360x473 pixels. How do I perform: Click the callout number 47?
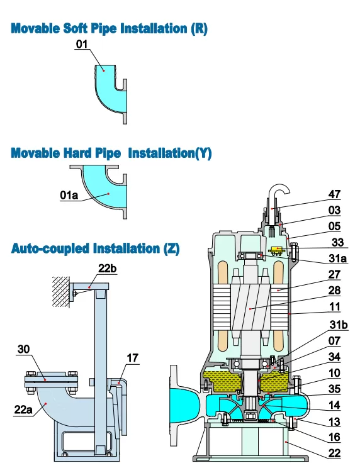[x=334, y=194]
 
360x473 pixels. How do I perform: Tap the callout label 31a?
[x=337, y=259]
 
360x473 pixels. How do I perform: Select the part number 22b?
[x=107, y=268]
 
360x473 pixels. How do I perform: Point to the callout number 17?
[x=132, y=358]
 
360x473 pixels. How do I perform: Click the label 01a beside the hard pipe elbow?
[x=69, y=195]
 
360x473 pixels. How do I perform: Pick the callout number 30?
[x=23, y=349]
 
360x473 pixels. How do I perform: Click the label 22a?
[x=23, y=409]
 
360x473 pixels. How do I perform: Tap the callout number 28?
[x=334, y=291]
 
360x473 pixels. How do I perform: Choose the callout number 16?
[x=334, y=437]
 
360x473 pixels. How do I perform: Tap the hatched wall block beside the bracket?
[x=61, y=292]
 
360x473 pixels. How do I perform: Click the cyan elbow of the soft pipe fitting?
[x=109, y=91]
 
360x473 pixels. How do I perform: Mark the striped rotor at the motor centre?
[x=250, y=308]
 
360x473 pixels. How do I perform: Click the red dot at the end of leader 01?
[x=103, y=70]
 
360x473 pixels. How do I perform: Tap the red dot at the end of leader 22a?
[x=46, y=403]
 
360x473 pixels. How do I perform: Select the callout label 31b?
[x=338, y=325]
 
